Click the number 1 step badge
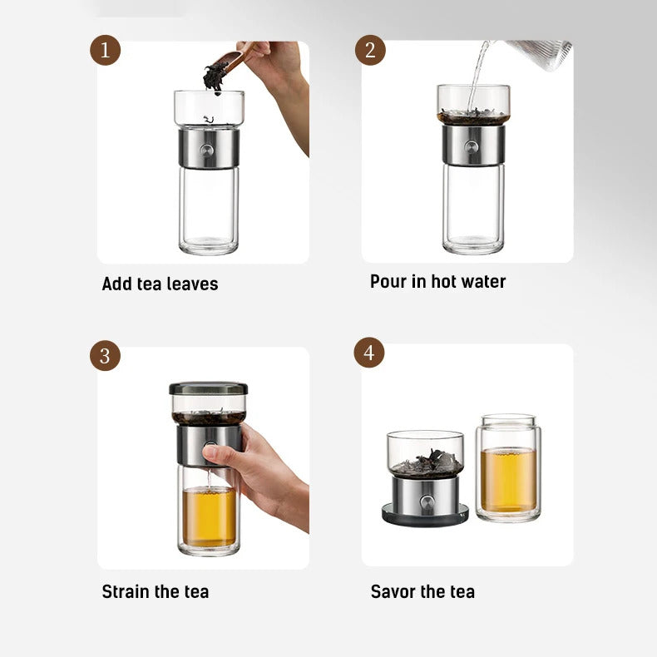pos(105,51)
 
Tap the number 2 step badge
pos(370,51)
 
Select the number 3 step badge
pos(105,356)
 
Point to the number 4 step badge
pos(369,353)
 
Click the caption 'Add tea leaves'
pos(160,284)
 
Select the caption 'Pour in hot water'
pos(437,281)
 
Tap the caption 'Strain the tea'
pos(155,591)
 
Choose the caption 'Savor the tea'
pos(422,591)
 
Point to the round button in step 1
pos(209,150)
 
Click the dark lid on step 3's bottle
pos(208,388)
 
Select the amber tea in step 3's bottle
pos(208,516)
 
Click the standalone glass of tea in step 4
pos(508,470)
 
